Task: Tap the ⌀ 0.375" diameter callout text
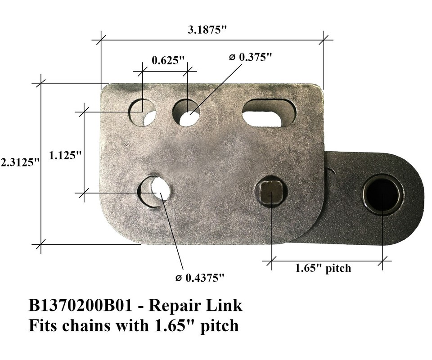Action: pos(251,57)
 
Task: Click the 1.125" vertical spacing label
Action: pos(65,156)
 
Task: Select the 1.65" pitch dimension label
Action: pos(323,269)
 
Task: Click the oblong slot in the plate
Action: pos(269,112)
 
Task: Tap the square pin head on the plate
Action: pos(271,192)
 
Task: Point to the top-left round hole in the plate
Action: pos(142,112)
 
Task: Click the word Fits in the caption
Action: pos(44,325)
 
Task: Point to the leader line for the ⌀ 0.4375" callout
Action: pos(173,236)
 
